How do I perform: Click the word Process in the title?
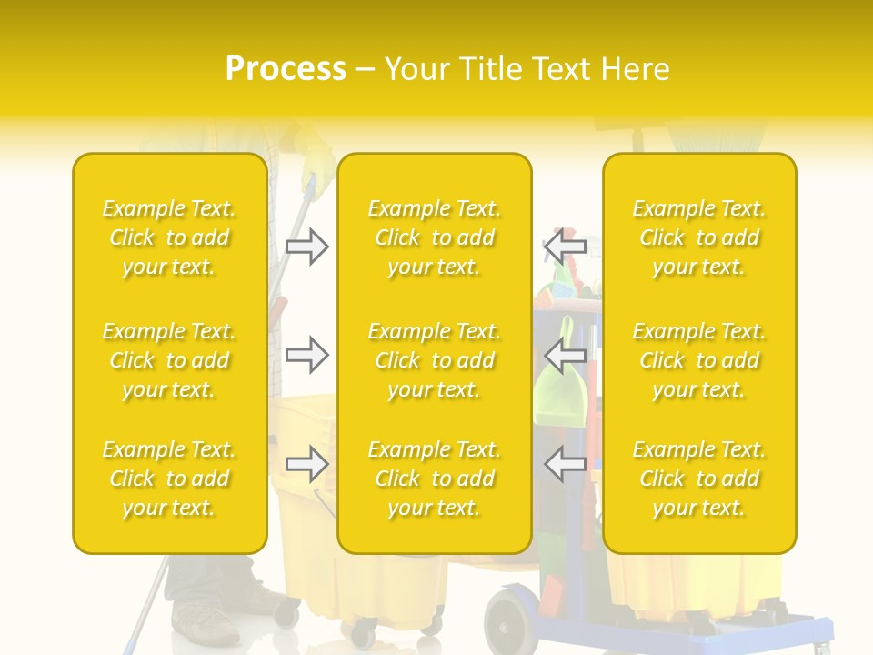[286, 69]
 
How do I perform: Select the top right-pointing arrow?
[306, 247]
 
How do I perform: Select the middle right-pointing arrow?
[306, 355]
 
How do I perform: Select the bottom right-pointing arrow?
[306, 465]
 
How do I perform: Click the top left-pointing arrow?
[565, 247]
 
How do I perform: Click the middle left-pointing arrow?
[565, 355]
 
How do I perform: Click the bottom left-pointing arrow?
[565, 465]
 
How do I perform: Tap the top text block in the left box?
[169, 237]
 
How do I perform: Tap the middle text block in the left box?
[169, 360]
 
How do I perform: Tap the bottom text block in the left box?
[169, 479]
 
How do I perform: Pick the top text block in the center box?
[435, 237]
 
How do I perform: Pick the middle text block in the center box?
[435, 360]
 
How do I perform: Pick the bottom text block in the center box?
[435, 479]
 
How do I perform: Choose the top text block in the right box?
[699, 237]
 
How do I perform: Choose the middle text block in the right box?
[699, 360]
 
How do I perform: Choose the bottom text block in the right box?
[699, 479]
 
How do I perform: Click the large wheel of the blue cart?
[510, 622]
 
